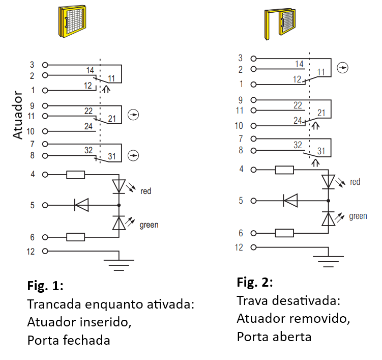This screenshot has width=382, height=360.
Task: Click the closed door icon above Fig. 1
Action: pyautogui.click(x=72, y=21)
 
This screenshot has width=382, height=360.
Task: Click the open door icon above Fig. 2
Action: pyautogui.click(x=280, y=24)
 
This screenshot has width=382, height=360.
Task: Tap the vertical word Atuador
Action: pyautogui.click(x=17, y=115)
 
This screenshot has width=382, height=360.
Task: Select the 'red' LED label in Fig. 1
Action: pyautogui.click(x=145, y=191)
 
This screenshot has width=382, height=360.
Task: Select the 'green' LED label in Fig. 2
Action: pyautogui.click(x=358, y=216)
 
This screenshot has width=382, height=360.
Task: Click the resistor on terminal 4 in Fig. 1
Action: pyautogui.click(x=75, y=175)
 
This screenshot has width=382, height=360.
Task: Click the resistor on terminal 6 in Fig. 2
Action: pyautogui.click(x=284, y=233)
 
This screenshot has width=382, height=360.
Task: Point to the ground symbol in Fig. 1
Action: pyautogui.click(x=119, y=263)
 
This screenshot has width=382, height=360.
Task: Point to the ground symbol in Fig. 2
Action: pyautogui.click(x=328, y=259)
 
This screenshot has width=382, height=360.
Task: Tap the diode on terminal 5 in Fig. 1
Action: pyautogui.click(x=81, y=205)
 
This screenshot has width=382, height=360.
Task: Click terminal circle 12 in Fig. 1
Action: pyautogui.click(x=45, y=251)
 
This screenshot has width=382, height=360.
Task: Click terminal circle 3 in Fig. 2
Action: pyautogui.click(x=254, y=59)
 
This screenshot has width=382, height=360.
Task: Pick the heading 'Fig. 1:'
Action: pyautogui.click(x=45, y=286)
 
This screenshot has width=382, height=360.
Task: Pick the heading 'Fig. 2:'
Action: pyautogui.click(x=255, y=282)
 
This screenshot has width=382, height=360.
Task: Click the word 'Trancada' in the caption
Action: pyautogui.click(x=54, y=304)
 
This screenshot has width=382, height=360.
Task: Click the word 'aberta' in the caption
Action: pyautogui.click(x=292, y=337)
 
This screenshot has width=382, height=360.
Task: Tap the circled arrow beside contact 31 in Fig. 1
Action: pyautogui.click(x=133, y=155)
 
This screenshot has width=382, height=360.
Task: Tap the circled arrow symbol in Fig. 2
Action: pyautogui.click(x=342, y=68)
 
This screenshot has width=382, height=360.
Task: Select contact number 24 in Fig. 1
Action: pyautogui.click(x=89, y=126)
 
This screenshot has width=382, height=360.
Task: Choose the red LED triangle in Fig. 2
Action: pyautogui.click(x=328, y=182)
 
